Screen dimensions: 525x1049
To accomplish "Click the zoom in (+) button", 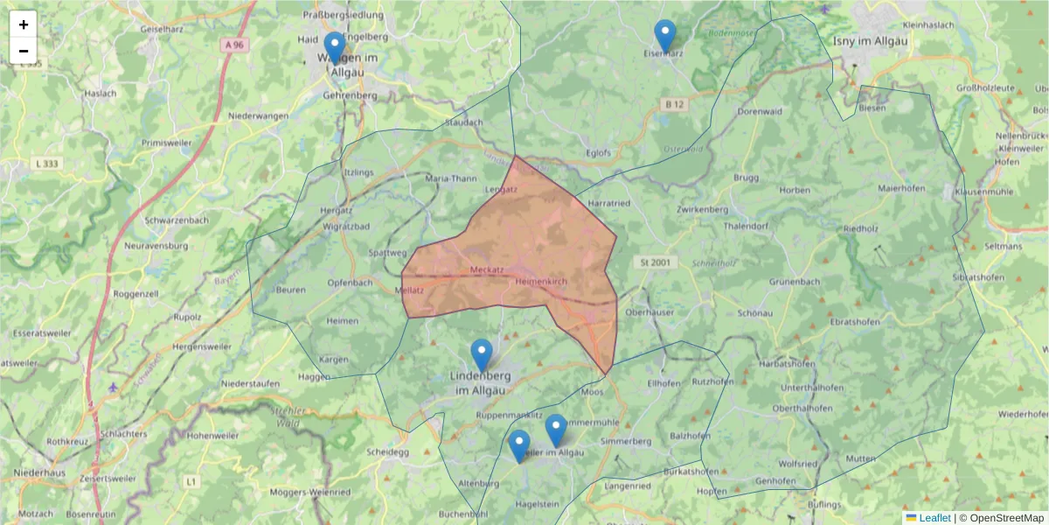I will pyautogui.click(x=24, y=24).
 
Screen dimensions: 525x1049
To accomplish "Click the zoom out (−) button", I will pyautogui.click(x=24, y=51).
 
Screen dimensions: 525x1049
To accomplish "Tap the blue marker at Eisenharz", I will pyautogui.click(x=665, y=36).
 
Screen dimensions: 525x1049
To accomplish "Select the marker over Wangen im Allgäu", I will pyautogui.click(x=334, y=47).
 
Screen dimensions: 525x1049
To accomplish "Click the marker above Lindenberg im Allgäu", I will pyautogui.click(x=482, y=354).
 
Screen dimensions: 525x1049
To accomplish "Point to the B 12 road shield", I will pyautogui.click(x=674, y=104).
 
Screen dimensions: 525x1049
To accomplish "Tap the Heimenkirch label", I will pyautogui.click(x=542, y=282).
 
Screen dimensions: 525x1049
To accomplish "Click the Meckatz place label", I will pyautogui.click(x=486, y=269).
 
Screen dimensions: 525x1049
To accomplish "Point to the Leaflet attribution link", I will pyautogui.click(x=934, y=518).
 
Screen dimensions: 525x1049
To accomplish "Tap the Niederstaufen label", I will pyautogui.click(x=250, y=383).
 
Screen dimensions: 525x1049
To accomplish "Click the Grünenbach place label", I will pyautogui.click(x=795, y=282).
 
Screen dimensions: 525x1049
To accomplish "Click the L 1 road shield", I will pyautogui.click(x=191, y=481).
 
